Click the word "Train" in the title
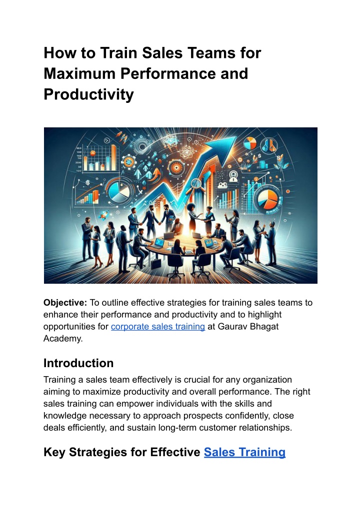(x=119, y=53)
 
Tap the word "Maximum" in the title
(x=79, y=73)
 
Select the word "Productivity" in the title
(x=88, y=94)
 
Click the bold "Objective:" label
(x=65, y=303)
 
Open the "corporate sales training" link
(x=158, y=327)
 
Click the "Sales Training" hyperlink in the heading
(x=244, y=452)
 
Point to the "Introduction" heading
(x=78, y=363)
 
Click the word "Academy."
(x=63, y=339)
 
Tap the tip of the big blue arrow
(x=236, y=137)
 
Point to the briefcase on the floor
(x=156, y=263)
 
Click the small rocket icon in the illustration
(x=104, y=214)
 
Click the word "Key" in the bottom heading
(x=54, y=452)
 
